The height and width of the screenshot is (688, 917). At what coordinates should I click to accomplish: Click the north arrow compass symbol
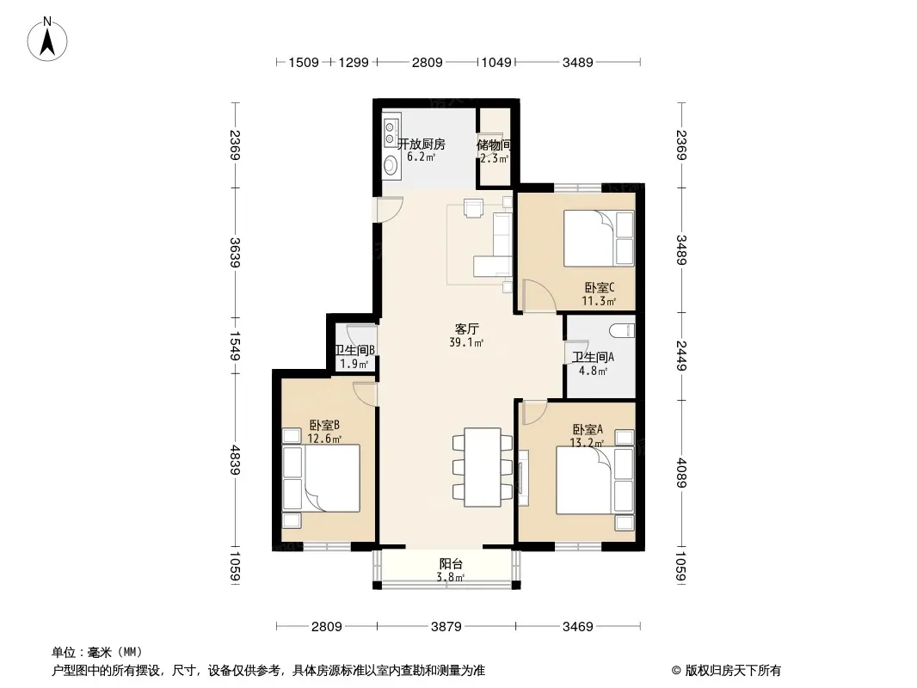point(47,40)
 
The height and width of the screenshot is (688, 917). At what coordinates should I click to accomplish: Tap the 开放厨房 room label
point(421,144)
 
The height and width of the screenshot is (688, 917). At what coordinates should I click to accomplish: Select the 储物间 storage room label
point(494,144)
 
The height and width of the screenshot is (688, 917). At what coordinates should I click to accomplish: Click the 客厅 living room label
point(466,329)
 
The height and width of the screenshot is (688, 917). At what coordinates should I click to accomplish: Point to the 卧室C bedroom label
point(599,287)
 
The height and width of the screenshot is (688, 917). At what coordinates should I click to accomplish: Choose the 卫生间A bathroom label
point(593,357)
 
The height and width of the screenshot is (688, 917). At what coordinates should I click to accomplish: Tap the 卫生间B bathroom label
point(354,350)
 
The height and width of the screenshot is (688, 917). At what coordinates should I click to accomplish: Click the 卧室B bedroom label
point(324,425)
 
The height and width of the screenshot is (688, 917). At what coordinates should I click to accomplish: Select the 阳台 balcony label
point(451,564)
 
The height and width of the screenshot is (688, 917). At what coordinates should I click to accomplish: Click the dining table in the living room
point(483,467)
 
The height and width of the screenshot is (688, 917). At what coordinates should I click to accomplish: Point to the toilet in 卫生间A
point(622,331)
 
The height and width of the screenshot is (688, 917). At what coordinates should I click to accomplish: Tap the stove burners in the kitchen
point(391,134)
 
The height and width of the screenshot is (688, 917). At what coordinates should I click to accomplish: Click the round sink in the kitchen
point(391,167)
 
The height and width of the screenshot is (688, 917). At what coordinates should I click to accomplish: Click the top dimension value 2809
point(427,63)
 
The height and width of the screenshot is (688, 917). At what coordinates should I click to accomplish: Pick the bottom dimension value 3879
point(446,627)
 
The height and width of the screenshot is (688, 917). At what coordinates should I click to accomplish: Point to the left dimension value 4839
point(235,460)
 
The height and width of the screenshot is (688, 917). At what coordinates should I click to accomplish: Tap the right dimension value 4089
point(681,473)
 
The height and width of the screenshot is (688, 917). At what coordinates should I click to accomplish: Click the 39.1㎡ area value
point(466,343)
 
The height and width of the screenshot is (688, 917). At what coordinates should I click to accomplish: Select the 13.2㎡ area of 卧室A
point(587,443)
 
